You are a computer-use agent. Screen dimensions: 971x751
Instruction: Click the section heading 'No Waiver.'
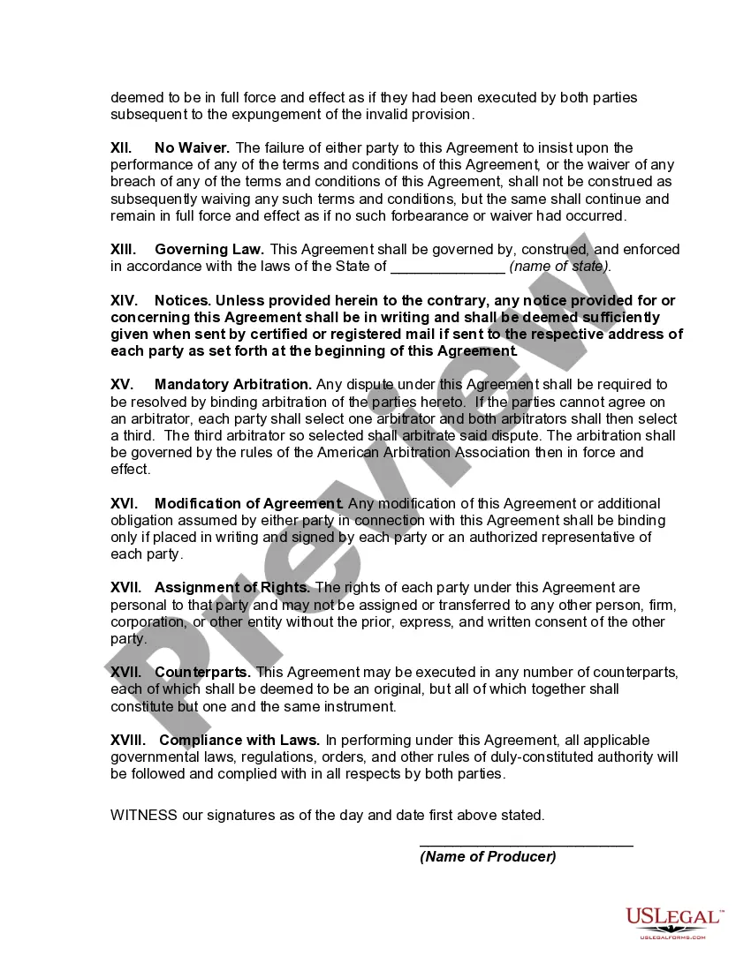(x=192, y=147)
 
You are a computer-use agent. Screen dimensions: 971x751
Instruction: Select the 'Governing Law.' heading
(x=209, y=250)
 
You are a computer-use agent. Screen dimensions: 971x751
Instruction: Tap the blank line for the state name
(x=447, y=267)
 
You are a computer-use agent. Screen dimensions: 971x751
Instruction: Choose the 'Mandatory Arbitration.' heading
(x=233, y=384)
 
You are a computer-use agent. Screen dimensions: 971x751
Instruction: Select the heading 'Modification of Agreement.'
(x=249, y=503)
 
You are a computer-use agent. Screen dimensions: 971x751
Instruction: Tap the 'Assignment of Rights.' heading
(x=232, y=588)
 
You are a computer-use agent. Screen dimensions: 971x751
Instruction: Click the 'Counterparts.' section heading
(x=203, y=673)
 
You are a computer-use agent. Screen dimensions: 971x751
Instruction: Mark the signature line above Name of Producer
(x=526, y=847)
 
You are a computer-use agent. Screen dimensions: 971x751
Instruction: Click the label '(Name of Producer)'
(x=488, y=857)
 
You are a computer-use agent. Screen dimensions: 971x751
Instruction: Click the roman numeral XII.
(x=121, y=147)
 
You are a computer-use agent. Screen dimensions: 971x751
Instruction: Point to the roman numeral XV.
(x=122, y=384)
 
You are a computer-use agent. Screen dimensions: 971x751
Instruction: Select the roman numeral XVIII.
(x=127, y=740)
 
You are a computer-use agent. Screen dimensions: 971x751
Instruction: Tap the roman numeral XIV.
(x=123, y=300)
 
